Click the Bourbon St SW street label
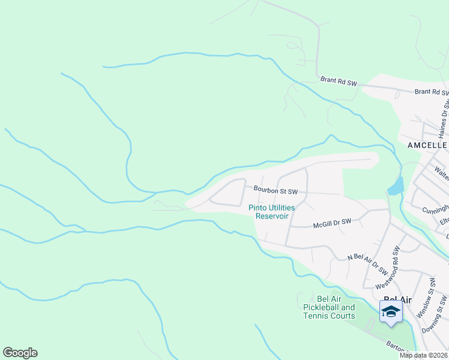(x=276, y=190)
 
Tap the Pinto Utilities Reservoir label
(x=272, y=212)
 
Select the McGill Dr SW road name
(x=332, y=223)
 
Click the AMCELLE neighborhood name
(x=427, y=146)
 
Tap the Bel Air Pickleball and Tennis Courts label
(x=329, y=308)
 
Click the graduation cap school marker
(x=391, y=311)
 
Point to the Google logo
(x=20, y=353)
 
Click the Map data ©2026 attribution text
(x=424, y=355)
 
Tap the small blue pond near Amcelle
(x=397, y=185)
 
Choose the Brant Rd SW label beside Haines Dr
(x=431, y=92)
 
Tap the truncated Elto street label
(x=444, y=221)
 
